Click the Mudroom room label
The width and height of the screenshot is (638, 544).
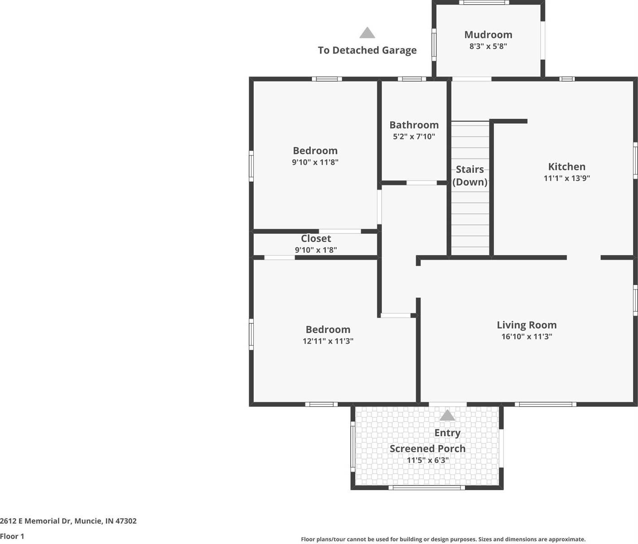pyautogui.click(x=488, y=35)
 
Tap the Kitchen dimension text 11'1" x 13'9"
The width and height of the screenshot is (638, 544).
pyautogui.click(x=566, y=178)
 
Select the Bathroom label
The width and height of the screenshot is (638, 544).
pyautogui.click(x=414, y=125)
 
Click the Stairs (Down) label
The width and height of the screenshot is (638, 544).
pyautogui.click(x=470, y=175)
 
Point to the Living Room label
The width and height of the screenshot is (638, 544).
pyautogui.click(x=527, y=325)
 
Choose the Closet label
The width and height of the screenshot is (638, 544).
pyautogui.click(x=316, y=238)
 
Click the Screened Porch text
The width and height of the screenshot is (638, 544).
pyautogui.click(x=427, y=448)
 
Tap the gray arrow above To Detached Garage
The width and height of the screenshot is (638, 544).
pyautogui.click(x=367, y=33)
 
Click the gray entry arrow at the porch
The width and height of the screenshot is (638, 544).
pyautogui.click(x=447, y=415)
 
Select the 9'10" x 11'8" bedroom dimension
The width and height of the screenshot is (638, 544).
pyautogui.click(x=315, y=162)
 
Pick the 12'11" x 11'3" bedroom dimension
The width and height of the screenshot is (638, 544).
pyautogui.click(x=328, y=341)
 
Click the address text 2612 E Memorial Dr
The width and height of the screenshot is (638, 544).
pyautogui.click(x=68, y=521)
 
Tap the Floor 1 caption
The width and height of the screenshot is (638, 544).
pyautogui.click(x=12, y=536)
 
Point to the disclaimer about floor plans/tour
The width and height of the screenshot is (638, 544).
pyautogui.click(x=443, y=539)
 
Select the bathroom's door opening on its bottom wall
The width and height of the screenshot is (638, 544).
pyautogui.click(x=421, y=183)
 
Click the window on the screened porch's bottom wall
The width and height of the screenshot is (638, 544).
pyautogui.click(x=426, y=487)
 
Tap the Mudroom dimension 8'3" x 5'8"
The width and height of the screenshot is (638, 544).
pyautogui.click(x=488, y=46)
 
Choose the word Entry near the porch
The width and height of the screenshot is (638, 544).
pyautogui.click(x=447, y=433)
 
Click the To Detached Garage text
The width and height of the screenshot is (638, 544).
pyautogui.click(x=367, y=50)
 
